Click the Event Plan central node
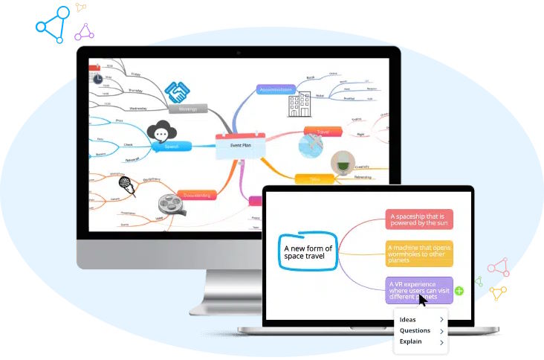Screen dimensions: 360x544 [x=239, y=146]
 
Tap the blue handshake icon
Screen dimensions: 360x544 [x=177, y=92]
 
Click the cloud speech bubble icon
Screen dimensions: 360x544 [x=162, y=132]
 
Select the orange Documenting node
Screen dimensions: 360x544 [x=196, y=195]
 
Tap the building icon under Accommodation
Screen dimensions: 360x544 [x=299, y=104]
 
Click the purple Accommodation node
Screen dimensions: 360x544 [x=276, y=89]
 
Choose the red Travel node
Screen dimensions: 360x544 [x=323, y=132]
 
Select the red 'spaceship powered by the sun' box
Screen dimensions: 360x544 [x=420, y=219]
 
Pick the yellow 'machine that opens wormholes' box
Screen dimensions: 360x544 [x=420, y=254]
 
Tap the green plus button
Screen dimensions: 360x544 [x=459, y=291]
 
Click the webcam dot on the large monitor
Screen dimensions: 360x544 [x=238, y=53]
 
